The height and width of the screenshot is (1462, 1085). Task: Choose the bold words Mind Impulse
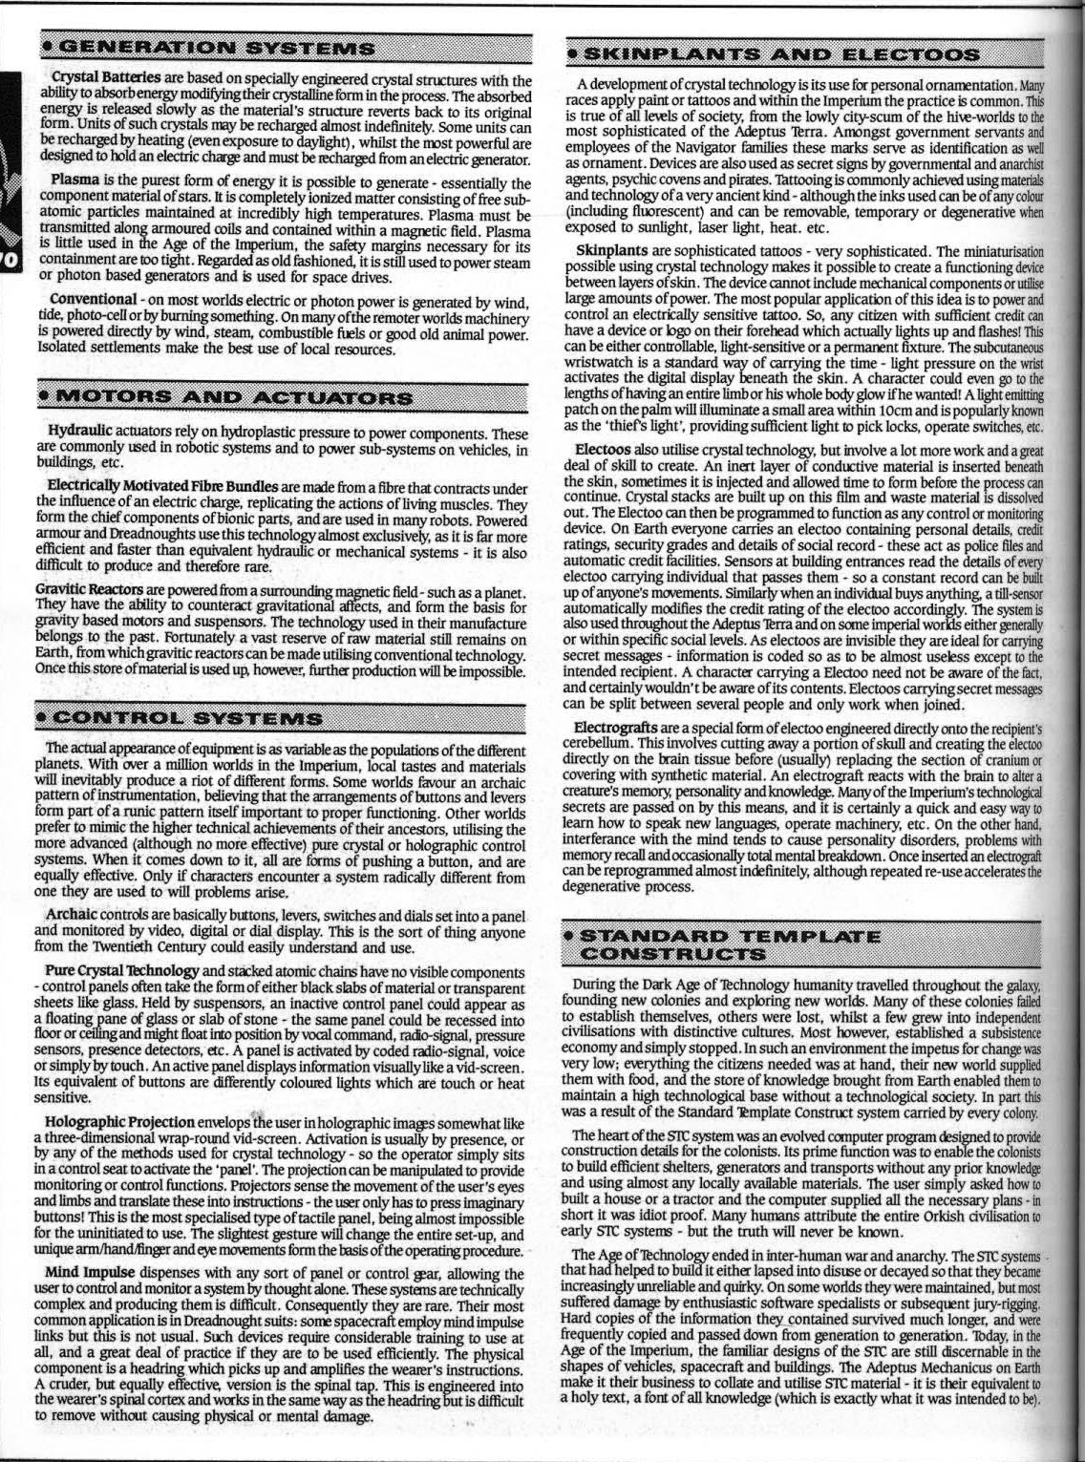click(90, 1273)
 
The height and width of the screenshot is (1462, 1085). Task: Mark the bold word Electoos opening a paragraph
click(604, 449)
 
